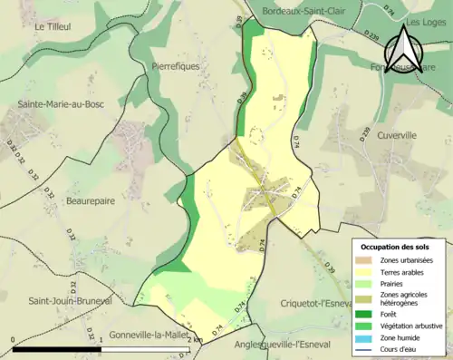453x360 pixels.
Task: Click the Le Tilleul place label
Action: [53, 27]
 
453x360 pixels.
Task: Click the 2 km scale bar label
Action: [185, 340]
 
